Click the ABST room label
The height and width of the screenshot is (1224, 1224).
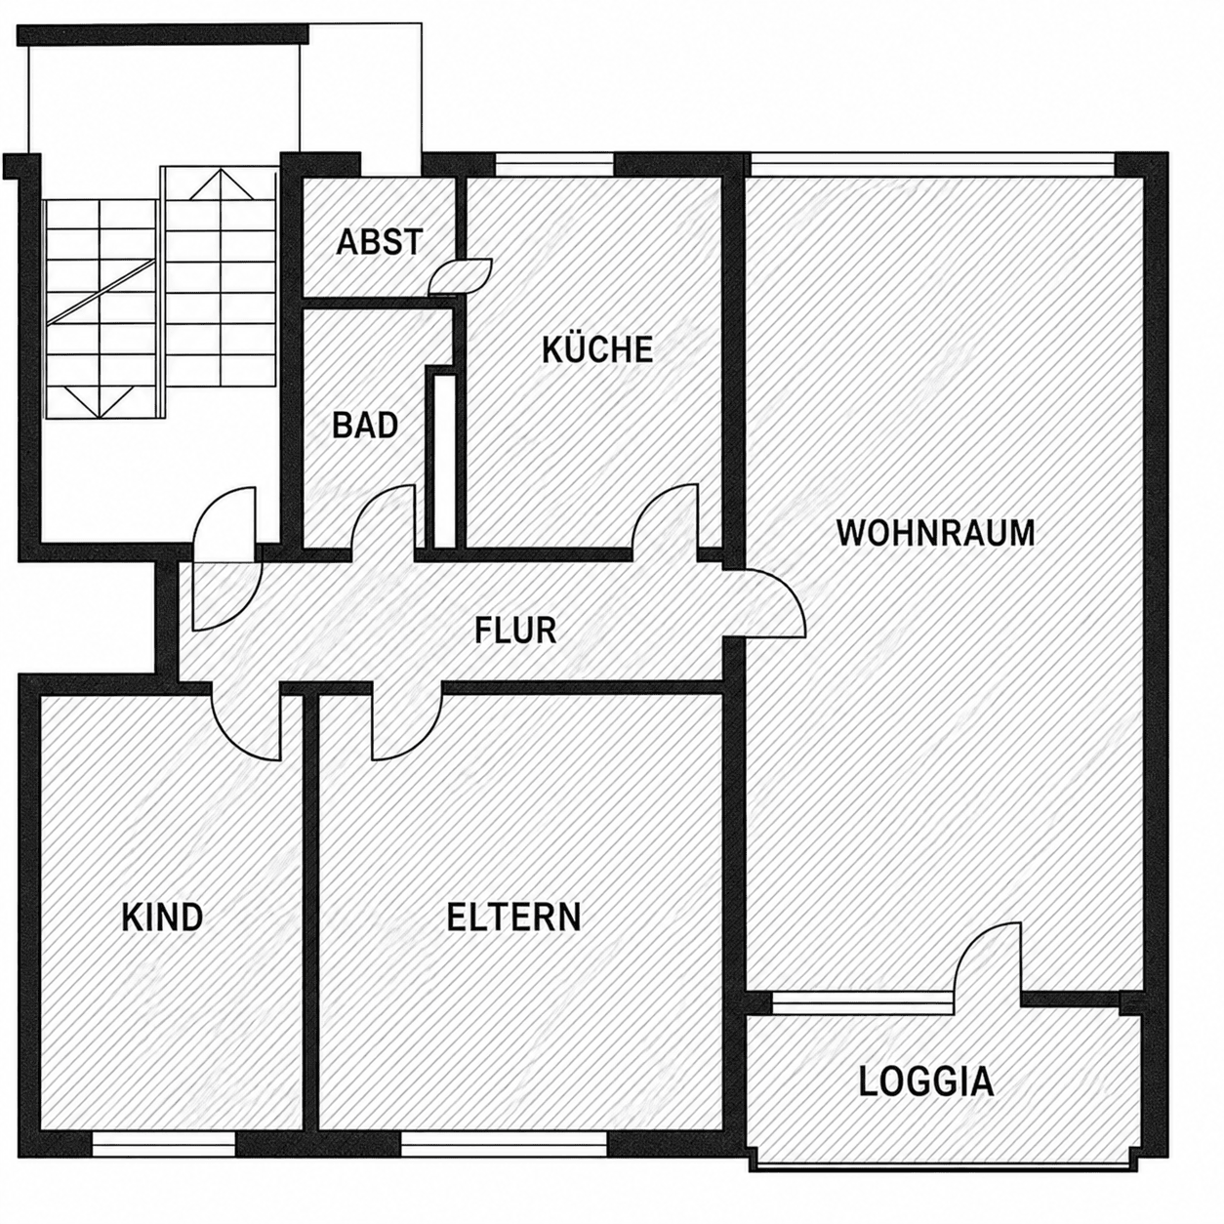point(379,242)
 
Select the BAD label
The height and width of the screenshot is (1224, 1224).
point(365,425)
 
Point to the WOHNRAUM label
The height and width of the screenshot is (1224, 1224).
point(936,533)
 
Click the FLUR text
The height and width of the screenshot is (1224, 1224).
point(515,631)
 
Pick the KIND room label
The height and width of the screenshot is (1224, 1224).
point(163,918)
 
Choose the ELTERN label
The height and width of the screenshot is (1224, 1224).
point(513,918)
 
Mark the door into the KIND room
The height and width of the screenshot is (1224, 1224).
point(236,736)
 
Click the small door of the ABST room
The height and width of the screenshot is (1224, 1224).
point(461,276)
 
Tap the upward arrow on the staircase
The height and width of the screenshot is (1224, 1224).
point(220,184)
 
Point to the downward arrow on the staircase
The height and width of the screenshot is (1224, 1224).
point(100,401)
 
